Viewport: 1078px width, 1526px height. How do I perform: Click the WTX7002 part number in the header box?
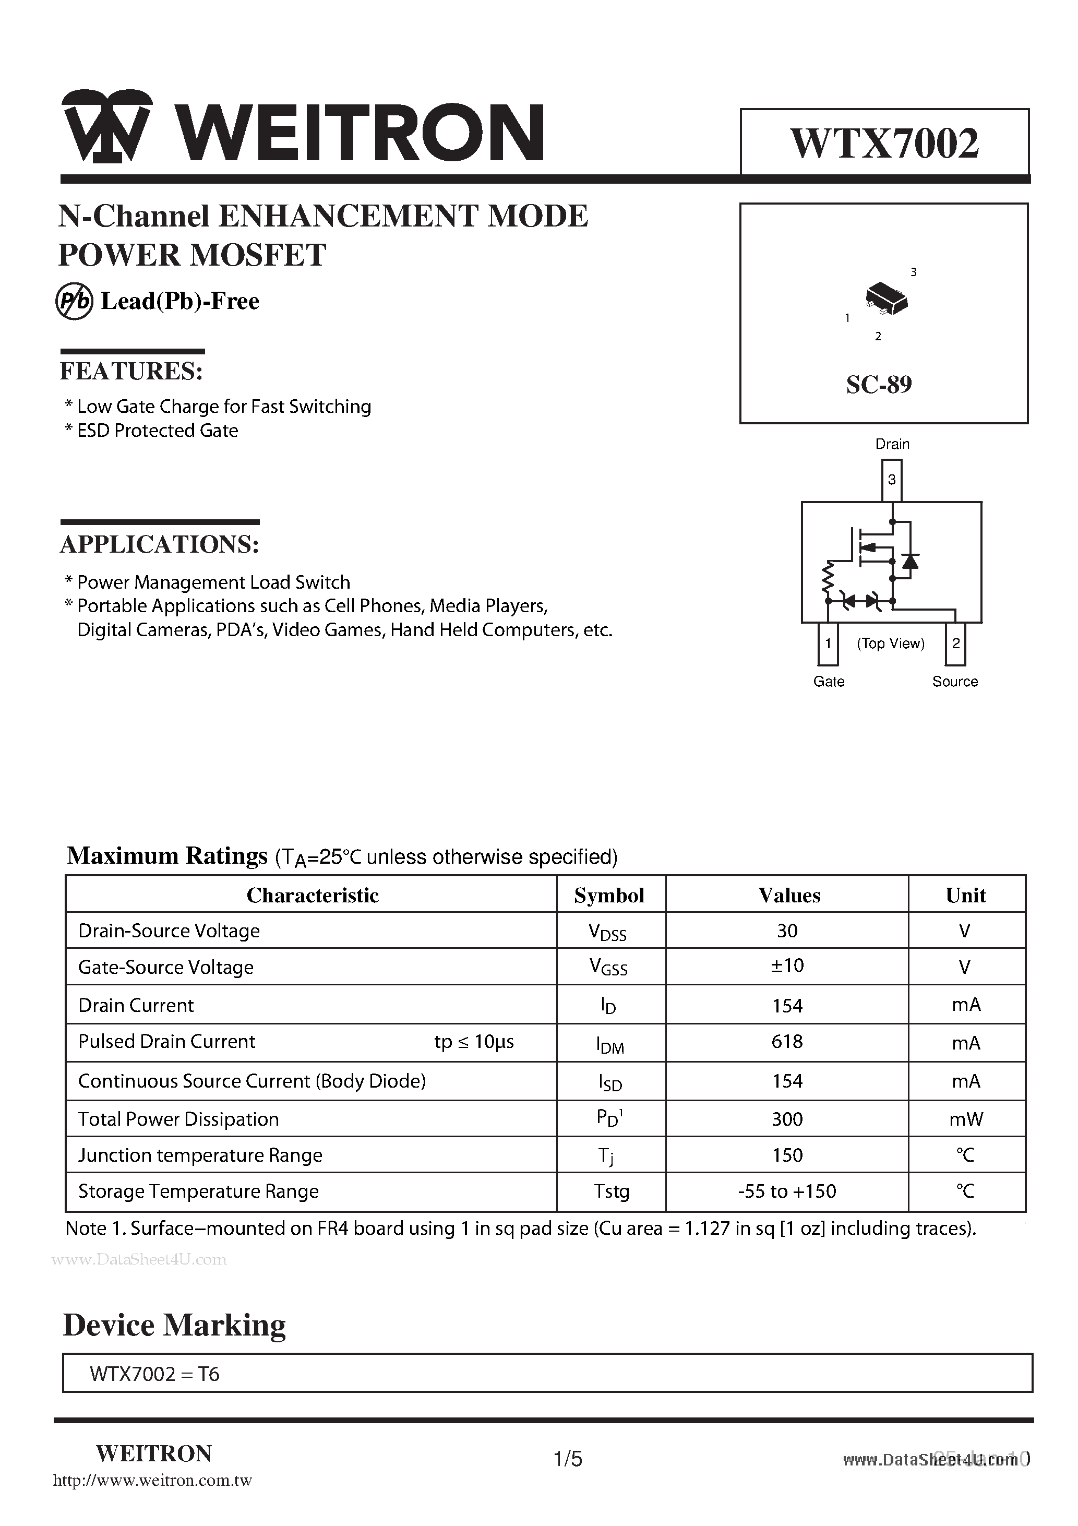coord(884,143)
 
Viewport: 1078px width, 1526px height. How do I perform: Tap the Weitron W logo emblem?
coord(107,126)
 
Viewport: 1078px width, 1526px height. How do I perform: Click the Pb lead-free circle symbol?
coord(74,302)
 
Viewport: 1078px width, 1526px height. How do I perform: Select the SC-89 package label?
coord(879,384)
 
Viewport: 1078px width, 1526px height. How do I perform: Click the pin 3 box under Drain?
coord(892,480)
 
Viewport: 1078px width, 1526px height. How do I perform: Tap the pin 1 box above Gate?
coord(828,643)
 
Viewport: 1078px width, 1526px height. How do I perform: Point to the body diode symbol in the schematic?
coord(911,561)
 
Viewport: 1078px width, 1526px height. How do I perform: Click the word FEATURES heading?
coord(131,371)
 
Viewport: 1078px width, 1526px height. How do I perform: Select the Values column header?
coord(789,895)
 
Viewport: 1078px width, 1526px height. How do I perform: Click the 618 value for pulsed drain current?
coord(787,1042)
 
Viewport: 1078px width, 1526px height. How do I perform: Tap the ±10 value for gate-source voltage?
coord(787,965)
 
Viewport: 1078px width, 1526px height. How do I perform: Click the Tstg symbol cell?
coord(612,1191)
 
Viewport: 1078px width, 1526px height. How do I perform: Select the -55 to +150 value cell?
coord(787,1191)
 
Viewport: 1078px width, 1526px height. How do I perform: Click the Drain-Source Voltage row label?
coord(169,931)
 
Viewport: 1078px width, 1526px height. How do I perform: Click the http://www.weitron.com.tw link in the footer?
coord(152,1480)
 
